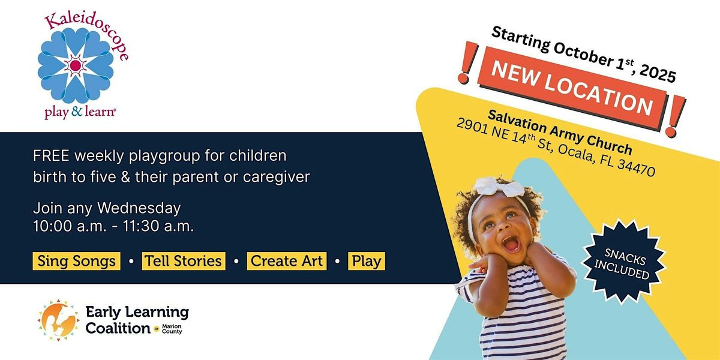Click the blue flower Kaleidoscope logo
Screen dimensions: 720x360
click(x=76, y=65)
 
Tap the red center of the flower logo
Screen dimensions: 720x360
click(x=75, y=65)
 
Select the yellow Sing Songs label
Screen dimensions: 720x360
click(x=77, y=261)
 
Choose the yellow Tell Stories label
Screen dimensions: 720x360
click(x=184, y=261)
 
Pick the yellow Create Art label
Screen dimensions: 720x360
click(x=287, y=261)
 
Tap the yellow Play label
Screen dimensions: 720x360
click(x=367, y=261)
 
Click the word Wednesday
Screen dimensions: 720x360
click(x=139, y=208)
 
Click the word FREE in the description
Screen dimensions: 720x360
click(x=51, y=156)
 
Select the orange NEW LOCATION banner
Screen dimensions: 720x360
click(x=572, y=88)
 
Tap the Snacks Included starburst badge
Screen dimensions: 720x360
click(x=623, y=262)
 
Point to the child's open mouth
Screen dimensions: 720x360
click(x=511, y=244)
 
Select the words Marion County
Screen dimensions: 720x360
click(x=172, y=329)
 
